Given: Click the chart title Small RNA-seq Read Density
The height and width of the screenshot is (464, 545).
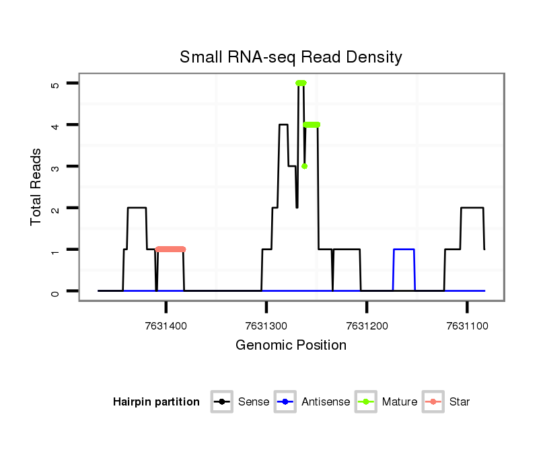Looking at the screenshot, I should [x=291, y=57].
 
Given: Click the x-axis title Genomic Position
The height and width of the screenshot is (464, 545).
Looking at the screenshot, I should [x=291, y=346].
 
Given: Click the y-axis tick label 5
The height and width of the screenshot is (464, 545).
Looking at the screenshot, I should [x=55, y=83].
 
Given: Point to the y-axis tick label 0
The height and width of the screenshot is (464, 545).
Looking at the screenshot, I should [x=55, y=291].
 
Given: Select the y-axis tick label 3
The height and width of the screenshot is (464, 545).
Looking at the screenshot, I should [x=55, y=167].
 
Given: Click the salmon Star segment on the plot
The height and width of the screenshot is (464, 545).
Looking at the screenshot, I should [x=170, y=249].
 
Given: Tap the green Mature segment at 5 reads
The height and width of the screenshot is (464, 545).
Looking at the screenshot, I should [x=301, y=83].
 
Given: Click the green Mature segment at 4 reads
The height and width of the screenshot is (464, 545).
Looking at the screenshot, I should [x=312, y=124].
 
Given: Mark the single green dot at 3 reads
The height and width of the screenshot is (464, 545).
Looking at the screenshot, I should [x=304, y=166].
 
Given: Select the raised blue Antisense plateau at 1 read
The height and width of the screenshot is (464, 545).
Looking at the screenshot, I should [x=404, y=249].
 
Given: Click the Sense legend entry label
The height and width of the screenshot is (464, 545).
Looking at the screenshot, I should [x=254, y=402].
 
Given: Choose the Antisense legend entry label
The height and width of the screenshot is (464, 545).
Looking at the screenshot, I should [x=326, y=402].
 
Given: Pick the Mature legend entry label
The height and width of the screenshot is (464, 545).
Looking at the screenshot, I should [x=399, y=402].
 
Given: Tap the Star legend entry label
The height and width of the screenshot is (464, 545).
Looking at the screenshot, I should [x=460, y=402].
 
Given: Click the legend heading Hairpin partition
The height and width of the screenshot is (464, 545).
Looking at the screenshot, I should [x=156, y=402].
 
